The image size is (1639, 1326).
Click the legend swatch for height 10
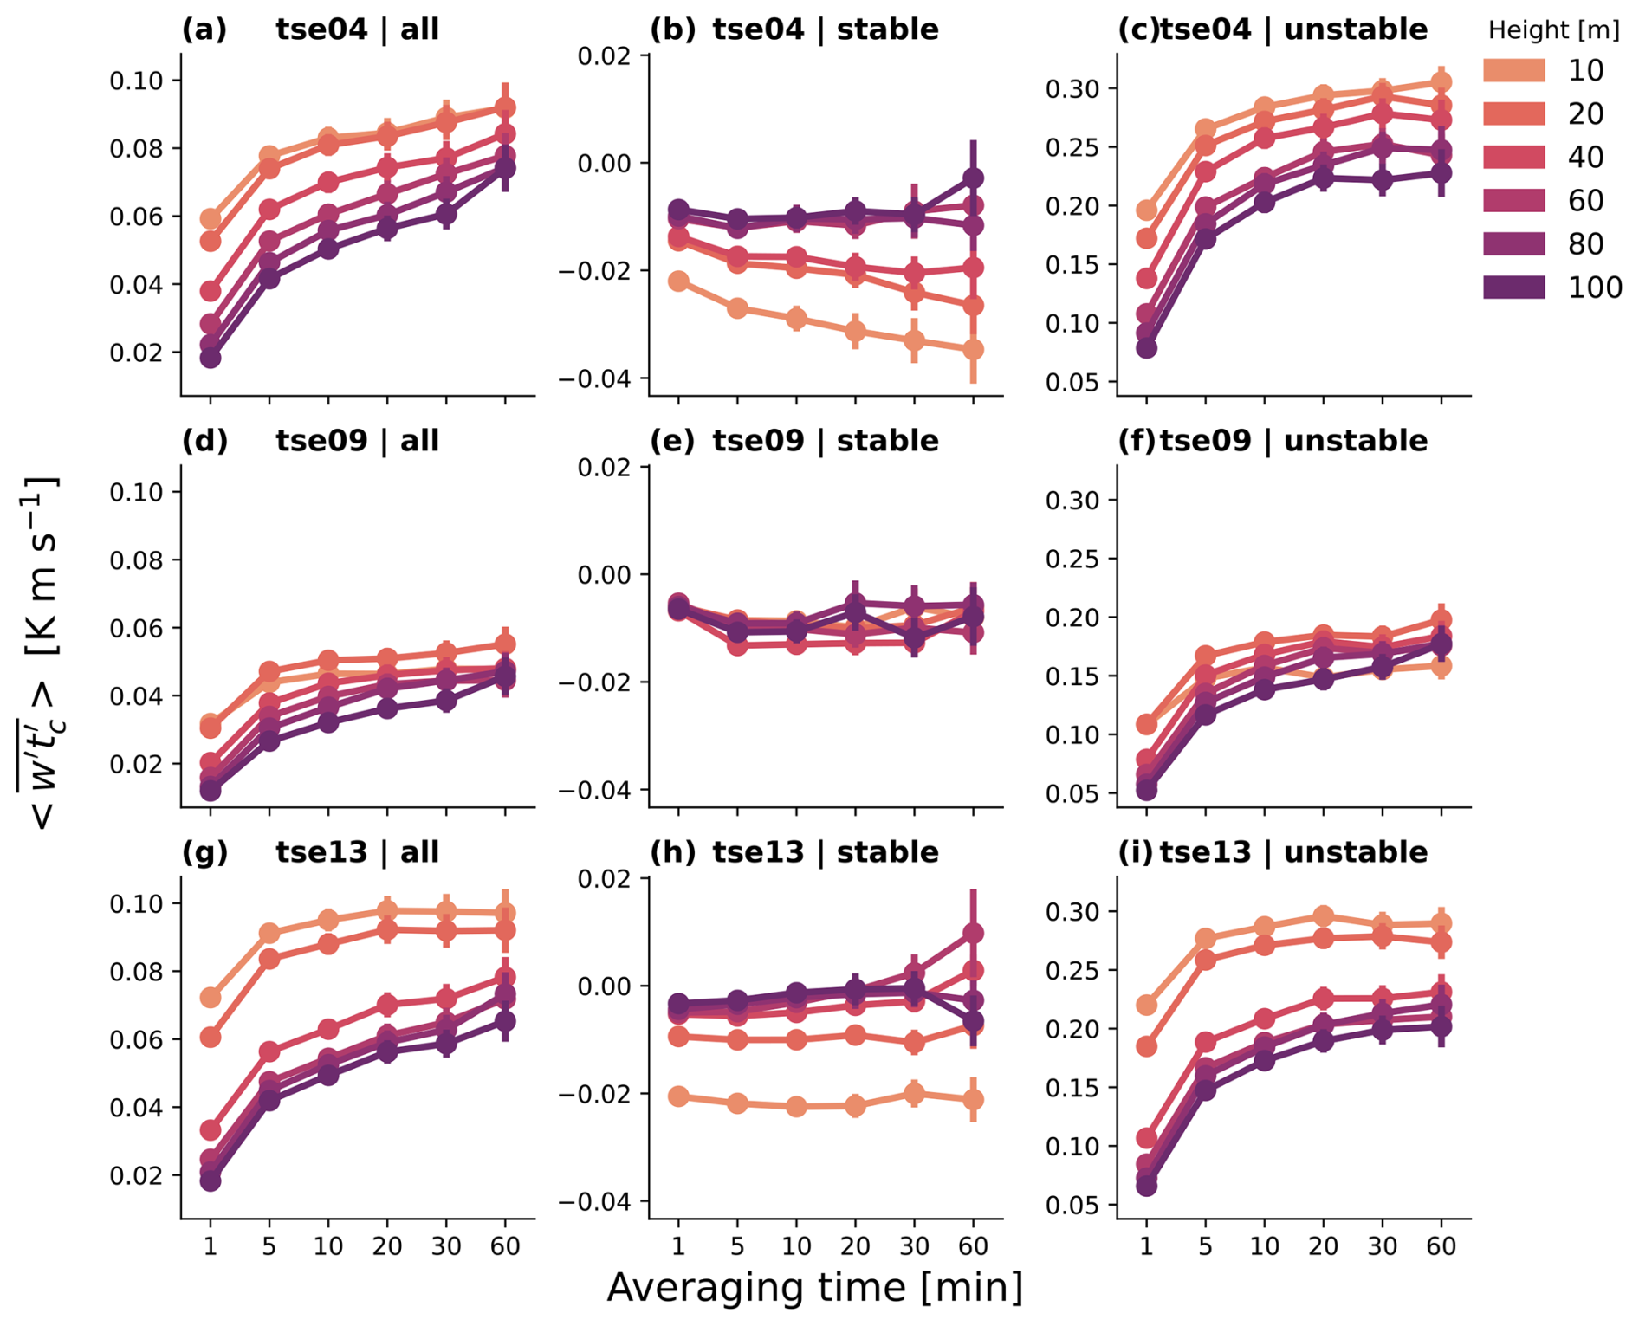(x=1513, y=70)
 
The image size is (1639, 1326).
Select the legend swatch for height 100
(x=1513, y=288)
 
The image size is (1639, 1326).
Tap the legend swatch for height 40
(x=1513, y=157)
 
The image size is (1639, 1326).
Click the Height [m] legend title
(x=1553, y=30)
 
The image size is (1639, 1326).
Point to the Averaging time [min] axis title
(x=814, y=1288)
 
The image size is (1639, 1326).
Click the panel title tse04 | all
(x=357, y=29)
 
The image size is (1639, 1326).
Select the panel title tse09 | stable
(x=825, y=441)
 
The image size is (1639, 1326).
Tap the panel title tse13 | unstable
(x=1293, y=852)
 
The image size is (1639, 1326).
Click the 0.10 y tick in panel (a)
(x=136, y=81)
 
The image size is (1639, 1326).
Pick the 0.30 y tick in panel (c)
(x=1072, y=89)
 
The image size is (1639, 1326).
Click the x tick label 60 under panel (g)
(x=505, y=1246)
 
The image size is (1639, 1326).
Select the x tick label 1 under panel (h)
(x=678, y=1246)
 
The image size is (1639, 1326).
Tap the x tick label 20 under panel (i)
(x=1323, y=1246)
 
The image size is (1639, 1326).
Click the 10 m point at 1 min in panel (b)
(x=678, y=281)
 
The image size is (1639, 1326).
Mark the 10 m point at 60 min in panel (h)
(x=974, y=1100)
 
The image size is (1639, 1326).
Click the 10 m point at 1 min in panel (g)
(x=210, y=998)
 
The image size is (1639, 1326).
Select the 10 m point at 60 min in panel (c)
(x=1441, y=82)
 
